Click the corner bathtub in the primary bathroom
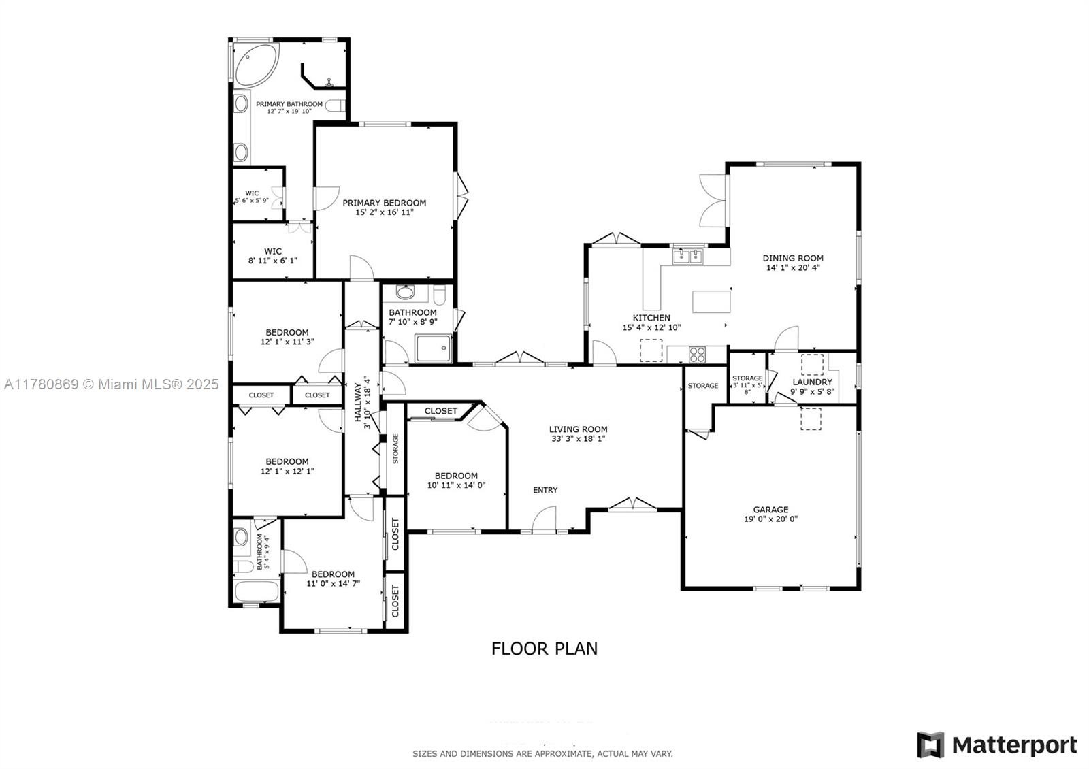tap(256, 65)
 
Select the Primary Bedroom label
tap(384, 203)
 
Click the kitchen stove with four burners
tap(697, 354)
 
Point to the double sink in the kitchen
tap(688, 256)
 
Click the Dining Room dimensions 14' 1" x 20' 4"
tap(793, 267)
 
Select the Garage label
tap(770, 510)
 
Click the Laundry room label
tap(813, 382)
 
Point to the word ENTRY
tap(545, 490)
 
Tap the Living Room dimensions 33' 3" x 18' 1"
tap(578, 438)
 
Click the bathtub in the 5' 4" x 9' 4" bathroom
tap(257, 591)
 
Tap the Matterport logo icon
tap(930, 745)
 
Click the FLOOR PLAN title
tap(544, 649)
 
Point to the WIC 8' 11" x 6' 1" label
tap(273, 256)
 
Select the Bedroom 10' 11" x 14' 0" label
tap(456, 480)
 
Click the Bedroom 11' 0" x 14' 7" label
tap(333, 578)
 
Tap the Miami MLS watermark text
tap(112, 384)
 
